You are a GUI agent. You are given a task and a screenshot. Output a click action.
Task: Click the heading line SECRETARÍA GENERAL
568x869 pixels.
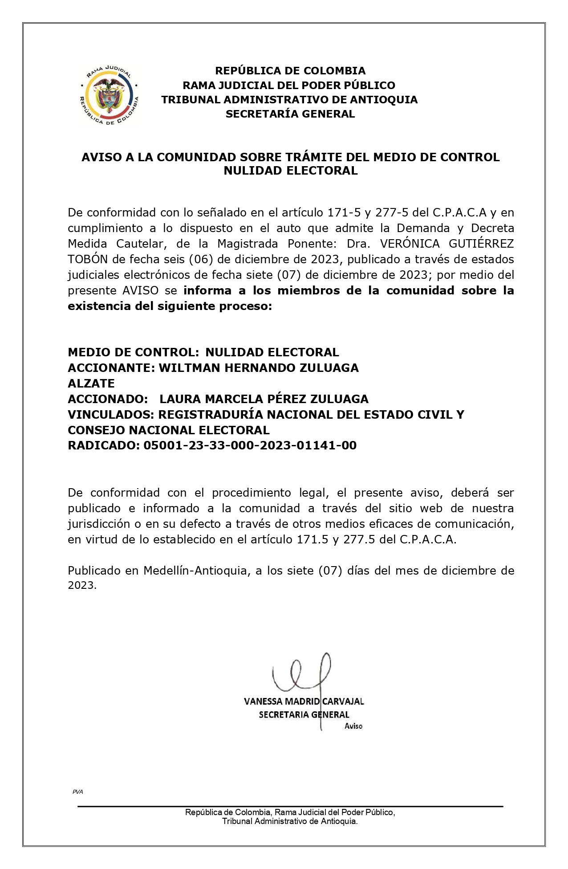point(290,114)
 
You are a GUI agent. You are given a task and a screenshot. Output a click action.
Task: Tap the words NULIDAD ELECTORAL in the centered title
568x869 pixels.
point(290,171)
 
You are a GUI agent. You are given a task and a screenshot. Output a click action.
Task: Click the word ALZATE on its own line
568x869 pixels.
point(91,384)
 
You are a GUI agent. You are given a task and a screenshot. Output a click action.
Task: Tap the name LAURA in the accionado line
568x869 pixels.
point(180,399)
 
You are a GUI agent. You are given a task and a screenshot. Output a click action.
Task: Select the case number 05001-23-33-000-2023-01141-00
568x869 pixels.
point(250,445)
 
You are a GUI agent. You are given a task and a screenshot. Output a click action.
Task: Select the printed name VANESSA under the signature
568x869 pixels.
point(263,702)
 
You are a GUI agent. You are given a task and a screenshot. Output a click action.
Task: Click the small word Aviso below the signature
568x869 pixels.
point(353,726)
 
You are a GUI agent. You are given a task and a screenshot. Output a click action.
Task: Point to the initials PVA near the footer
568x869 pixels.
point(77,791)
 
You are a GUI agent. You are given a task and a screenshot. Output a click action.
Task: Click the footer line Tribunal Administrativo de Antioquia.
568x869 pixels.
point(290,821)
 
